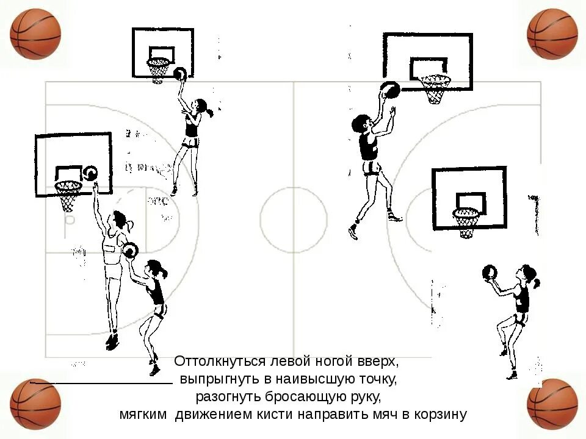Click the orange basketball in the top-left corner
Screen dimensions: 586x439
click(x=35, y=33)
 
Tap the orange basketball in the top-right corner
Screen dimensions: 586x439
click(x=552, y=34)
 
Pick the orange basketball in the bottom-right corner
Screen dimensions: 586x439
click(x=552, y=404)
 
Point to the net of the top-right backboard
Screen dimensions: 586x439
click(x=436, y=89)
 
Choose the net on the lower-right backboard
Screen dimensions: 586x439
click(x=467, y=222)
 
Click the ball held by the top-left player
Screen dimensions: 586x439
click(x=180, y=74)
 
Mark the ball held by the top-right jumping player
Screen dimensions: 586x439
click(x=390, y=90)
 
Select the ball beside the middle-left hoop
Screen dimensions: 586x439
click(x=90, y=174)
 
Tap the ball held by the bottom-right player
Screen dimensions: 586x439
click(x=490, y=273)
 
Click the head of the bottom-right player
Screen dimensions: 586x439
click(x=527, y=275)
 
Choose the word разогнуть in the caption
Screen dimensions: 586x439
click(x=228, y=397)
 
